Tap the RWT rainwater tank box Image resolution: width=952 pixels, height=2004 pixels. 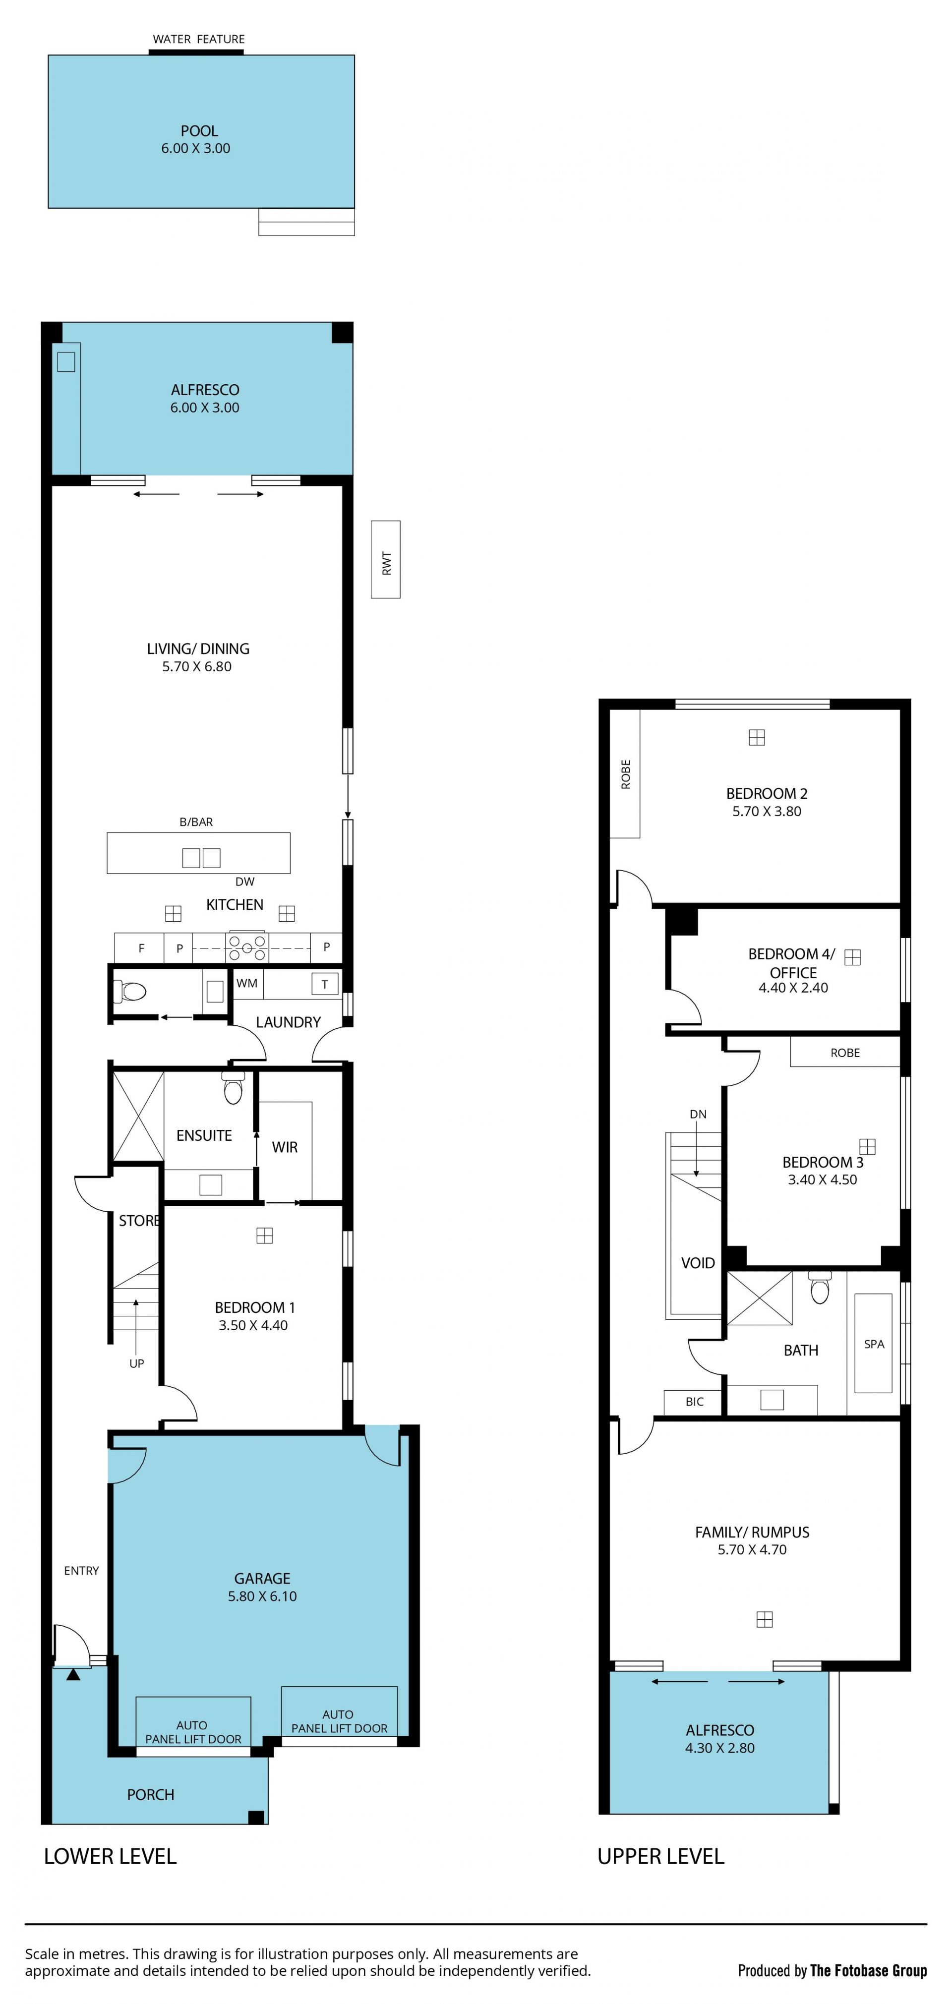tap(386, 559)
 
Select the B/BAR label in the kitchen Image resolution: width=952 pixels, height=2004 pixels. tap(196, 822)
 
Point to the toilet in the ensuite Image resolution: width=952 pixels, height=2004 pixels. tap(233, 1088)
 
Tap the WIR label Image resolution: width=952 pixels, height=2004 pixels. tap(285, 1147)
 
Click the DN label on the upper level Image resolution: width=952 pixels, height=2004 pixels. tap(699, 1114)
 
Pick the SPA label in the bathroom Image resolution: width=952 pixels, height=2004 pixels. tap(874, 1344)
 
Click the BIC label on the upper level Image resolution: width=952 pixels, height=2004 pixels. tap(695, 1402)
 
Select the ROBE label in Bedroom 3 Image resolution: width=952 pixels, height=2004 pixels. tap(845, 1053)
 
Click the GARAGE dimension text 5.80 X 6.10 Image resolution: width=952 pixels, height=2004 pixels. tap(262, 1595)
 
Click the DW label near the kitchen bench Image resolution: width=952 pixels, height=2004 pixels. tap(245, 882)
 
